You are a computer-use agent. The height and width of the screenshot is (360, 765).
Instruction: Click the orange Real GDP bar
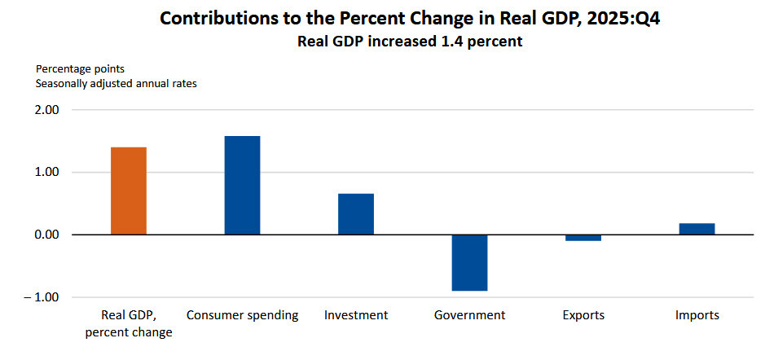pos(128,191)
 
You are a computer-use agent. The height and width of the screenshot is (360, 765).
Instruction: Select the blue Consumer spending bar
pos(242,185)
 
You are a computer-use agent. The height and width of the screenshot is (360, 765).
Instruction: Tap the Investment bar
pos(356,213)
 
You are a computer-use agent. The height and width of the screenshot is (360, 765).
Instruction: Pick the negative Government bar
pos(469,262)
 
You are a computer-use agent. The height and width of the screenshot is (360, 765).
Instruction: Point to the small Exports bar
pos(583,238)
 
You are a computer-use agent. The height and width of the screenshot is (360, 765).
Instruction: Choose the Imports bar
pos(697,229)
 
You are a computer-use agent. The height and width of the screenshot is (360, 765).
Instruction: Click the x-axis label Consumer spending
pos(242,315)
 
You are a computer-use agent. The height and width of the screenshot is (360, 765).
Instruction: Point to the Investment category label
pos(356,315)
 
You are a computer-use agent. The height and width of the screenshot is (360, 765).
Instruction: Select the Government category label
pos(469,315)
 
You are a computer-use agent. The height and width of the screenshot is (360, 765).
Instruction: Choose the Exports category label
pos(583,315)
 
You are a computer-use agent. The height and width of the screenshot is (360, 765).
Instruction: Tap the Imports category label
pos(697,315)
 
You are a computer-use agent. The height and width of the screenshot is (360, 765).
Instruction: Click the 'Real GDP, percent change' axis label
pos(128,323)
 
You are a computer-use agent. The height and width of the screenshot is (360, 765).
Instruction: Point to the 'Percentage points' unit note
pos(79,68)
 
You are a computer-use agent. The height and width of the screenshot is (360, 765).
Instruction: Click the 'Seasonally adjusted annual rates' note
pos(117,83)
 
